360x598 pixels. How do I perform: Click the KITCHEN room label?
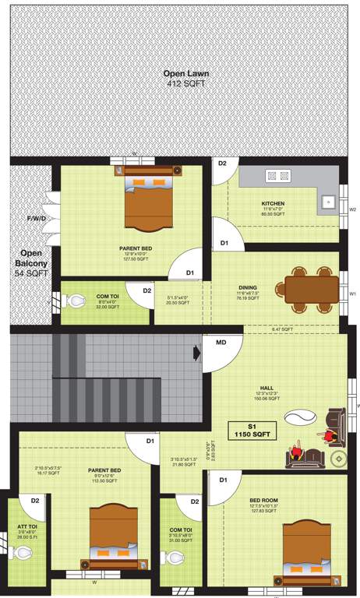(273, 204)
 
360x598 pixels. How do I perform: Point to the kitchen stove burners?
(279, 176)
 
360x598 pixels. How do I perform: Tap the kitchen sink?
(327, 202)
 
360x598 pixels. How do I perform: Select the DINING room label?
(248, 287)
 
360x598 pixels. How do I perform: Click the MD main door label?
(221, 342)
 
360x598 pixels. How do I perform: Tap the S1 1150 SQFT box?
(251, 431)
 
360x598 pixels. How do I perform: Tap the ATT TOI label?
(27, 532)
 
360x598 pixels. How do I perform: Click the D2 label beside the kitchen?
(222, 164)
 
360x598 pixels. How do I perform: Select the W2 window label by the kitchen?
(352, 209)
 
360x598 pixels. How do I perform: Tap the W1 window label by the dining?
(352, 294)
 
